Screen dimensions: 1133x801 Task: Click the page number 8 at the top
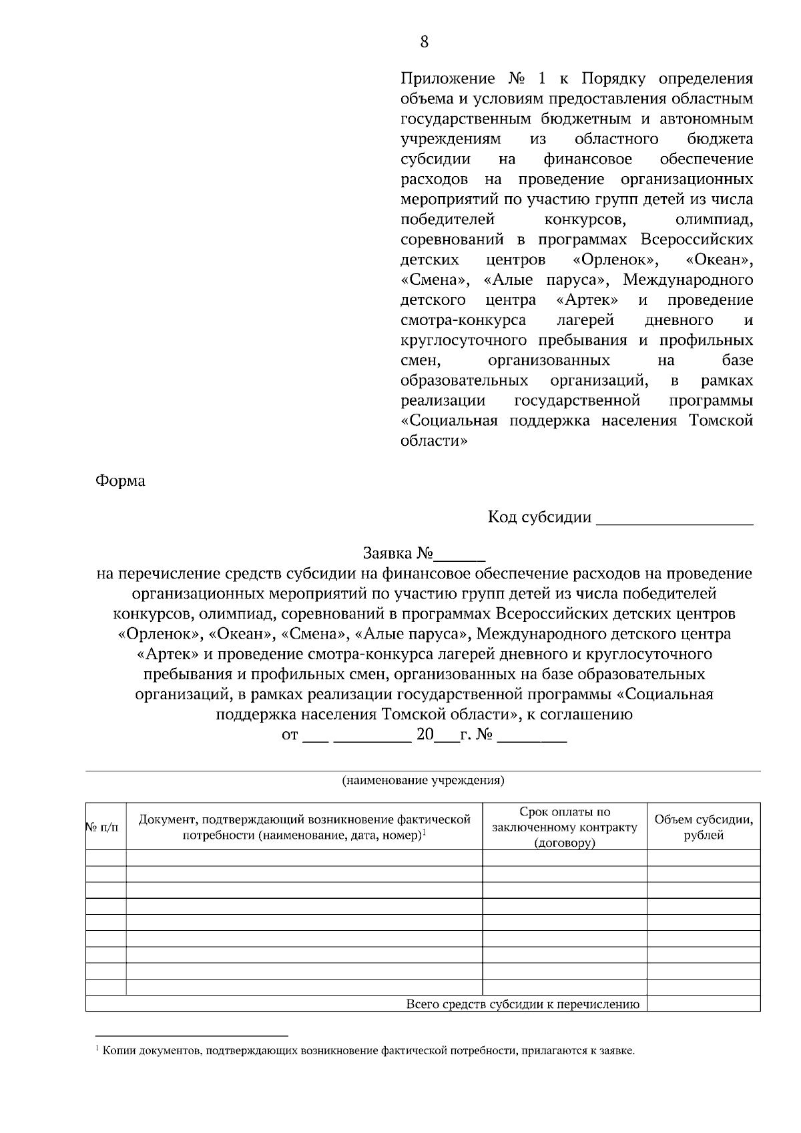click(425, 42)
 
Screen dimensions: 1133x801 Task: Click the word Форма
click(120, 481)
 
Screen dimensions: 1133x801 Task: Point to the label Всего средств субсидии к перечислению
click(523, 1004)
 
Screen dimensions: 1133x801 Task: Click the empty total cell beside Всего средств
click(704, 1004)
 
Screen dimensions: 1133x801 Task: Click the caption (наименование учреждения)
click(423, 780)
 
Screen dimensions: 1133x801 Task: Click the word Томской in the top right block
click(726, 421)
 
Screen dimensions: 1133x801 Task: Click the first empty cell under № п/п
click(105, 858)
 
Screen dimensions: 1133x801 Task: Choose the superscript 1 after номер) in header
click(425, 833)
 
